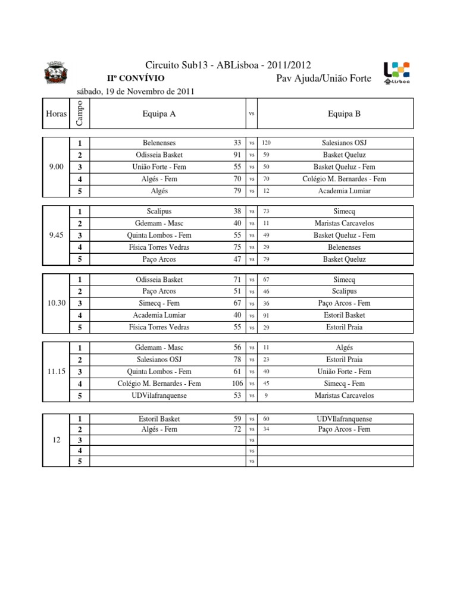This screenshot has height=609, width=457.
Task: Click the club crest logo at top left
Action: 58,74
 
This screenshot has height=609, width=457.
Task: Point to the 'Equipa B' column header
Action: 344,114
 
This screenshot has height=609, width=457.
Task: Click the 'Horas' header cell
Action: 56,114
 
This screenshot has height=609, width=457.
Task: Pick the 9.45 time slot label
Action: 56,235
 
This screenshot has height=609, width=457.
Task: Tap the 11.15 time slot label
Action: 56,371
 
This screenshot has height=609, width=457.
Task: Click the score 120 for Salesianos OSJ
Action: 266,143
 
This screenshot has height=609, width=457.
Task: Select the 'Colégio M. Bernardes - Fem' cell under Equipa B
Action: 344,179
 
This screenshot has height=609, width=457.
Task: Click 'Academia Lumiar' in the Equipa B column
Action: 344,191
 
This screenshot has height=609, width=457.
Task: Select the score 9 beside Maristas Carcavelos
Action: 266,395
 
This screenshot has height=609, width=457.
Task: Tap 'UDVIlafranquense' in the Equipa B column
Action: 344,419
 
